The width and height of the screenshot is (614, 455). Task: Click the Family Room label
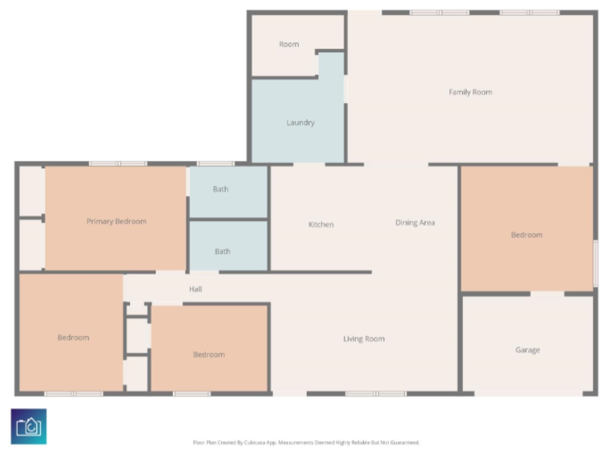[470, 92]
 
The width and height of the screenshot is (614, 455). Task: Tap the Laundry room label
[300, 123]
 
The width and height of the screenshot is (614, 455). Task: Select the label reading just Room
[289, 44]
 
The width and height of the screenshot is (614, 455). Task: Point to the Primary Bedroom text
[116, 222]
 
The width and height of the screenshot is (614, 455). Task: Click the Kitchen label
[321, 225]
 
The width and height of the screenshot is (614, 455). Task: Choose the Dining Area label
[415, 222]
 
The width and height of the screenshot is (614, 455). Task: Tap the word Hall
[195, 289]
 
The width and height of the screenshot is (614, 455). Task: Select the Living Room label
[364, 339]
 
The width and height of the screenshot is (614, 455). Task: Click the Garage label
[527, 350]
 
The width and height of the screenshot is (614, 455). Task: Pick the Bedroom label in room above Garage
[526, 235]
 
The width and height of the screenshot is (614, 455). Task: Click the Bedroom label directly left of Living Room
[209, 355]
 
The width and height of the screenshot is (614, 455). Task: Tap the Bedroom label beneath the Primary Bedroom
[73, 337]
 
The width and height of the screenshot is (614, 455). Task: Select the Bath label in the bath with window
[220, 189]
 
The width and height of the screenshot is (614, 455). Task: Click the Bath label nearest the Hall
[222, 252]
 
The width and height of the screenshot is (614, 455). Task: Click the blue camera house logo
[29, 426]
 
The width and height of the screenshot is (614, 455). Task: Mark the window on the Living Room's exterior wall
[375, 394]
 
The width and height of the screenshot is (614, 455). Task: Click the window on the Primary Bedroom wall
[118, 164]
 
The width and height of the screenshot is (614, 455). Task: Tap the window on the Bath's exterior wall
[215, 164]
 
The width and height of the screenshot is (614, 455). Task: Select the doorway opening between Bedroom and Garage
[547, 294]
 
